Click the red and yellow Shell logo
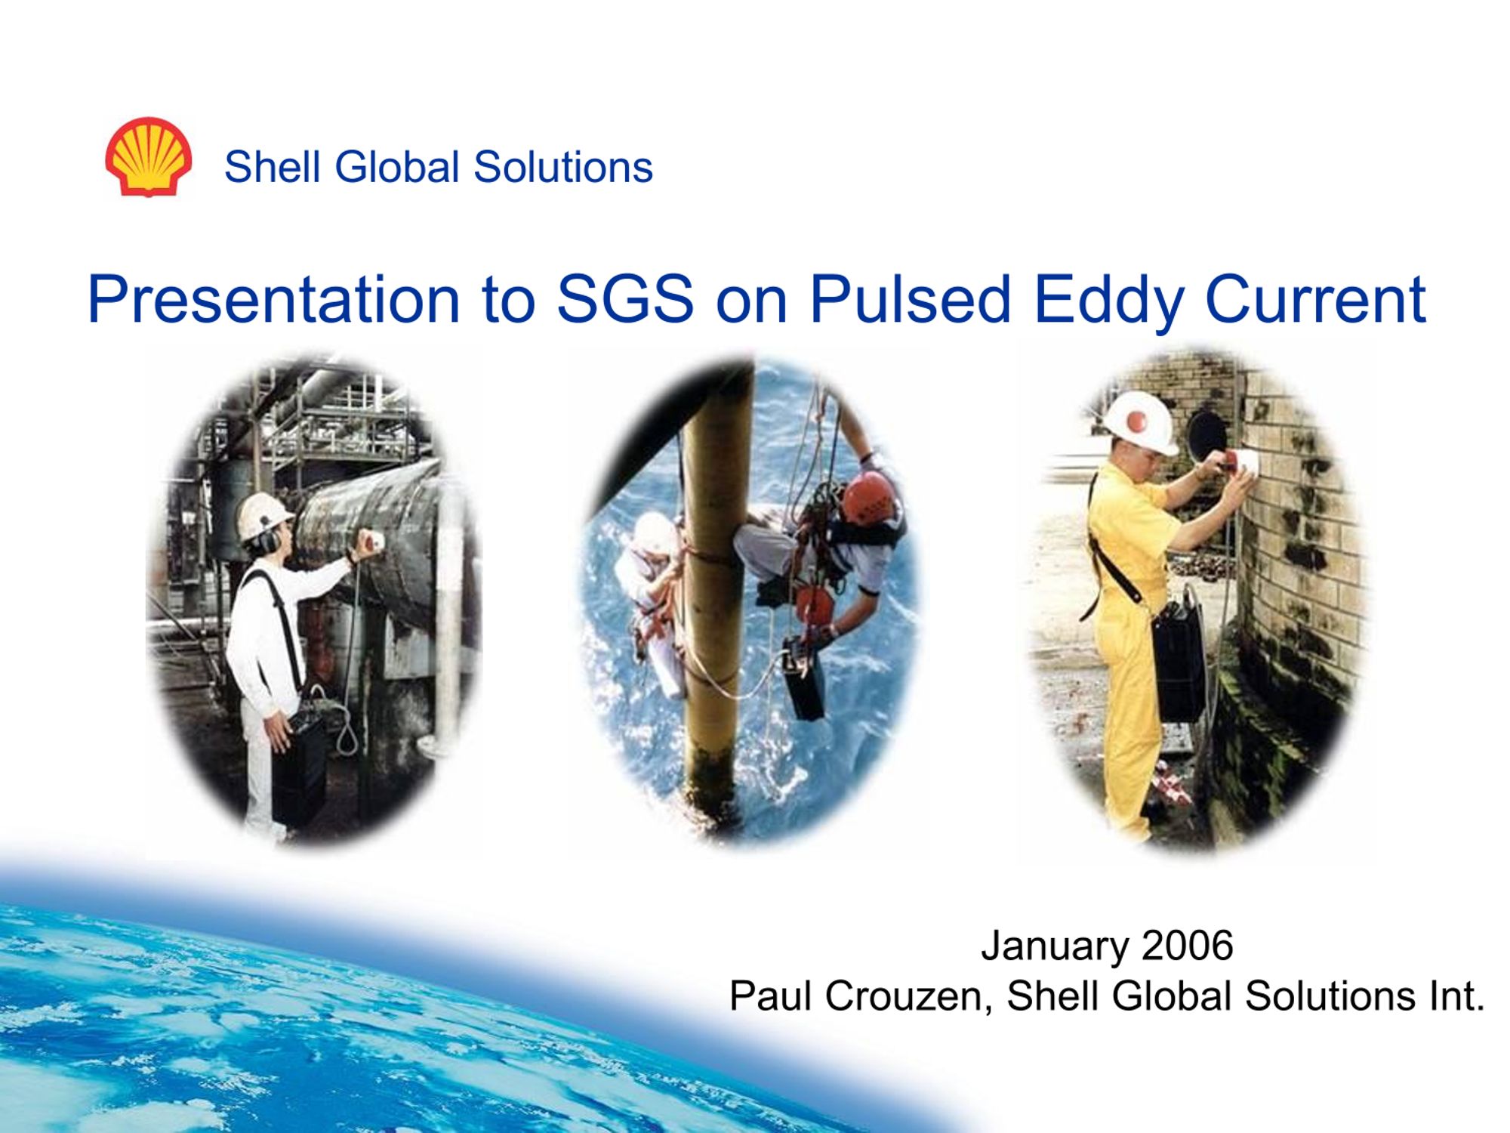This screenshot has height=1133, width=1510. pyautogui.click(x=148, y=157)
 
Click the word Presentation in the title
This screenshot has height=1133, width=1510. pyautogui.click(x=273, y=299)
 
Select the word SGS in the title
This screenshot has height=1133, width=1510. pyautogui.click(x=625, y=299)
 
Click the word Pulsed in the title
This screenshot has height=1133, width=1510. pyautogui.click(x=910, y=299)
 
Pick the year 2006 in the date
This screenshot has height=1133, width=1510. pyautogui.click(x=1188, y=945)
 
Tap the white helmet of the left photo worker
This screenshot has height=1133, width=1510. pyautogui.click(x=264, y=515)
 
